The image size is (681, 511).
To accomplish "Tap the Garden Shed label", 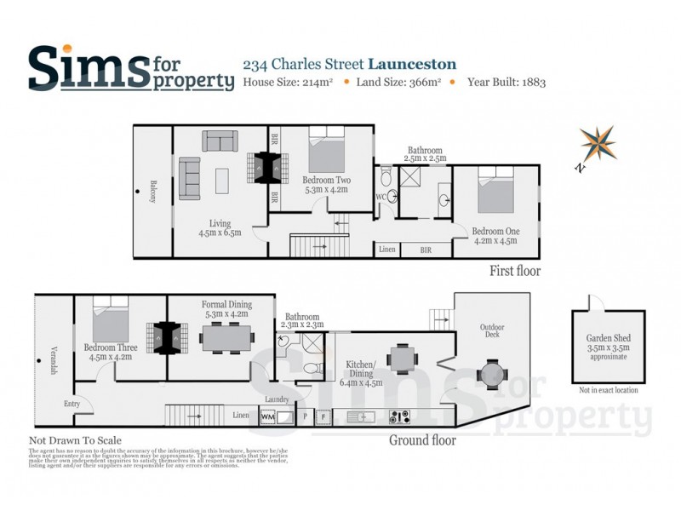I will pyautogui.click(x=606, y=339).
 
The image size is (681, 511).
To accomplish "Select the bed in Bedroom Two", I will pyautogui.click(x=325, y=150).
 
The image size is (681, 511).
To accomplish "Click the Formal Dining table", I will pyautogui.click(x=226, y=338).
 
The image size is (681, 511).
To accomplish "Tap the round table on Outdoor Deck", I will pyautogui.click(x=492, y=372).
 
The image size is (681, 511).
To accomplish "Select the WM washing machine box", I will pyautogui.click(x=267, y=417).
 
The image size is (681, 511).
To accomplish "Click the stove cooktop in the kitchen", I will pyautogui.click(x=399, y=417).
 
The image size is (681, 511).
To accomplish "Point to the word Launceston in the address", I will pyautogui.click(x=412, y=64).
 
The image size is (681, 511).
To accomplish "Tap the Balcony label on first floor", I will pyautogui.click(x=154, y=192).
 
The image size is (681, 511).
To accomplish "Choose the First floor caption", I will pyautogui.click(x=514, y=271).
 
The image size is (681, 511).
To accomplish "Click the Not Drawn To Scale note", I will pyautogui.click(x=75, y=440).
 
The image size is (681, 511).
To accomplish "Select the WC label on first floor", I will pyautogui.click(x=382, y=198).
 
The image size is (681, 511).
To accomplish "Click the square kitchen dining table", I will pyautogui.click(x=402, y=359).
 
